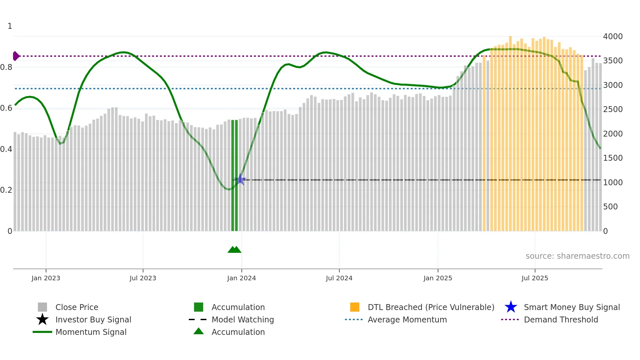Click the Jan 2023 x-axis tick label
(x=46, y=278)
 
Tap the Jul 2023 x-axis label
(x=143, y=278)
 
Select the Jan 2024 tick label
(x=241, y=278)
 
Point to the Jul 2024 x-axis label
(x=339, y=278)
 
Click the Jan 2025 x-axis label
(x=438, y=278)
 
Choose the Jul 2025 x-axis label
(x=535, y=278)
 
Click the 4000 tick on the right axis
(x=613, y=37)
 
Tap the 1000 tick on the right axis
(x=613, y=182)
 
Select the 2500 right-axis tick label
(x=613, y=109)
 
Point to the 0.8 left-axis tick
(x=6, y=67)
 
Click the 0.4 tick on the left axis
(x=6, y=149)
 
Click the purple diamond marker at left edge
(x=16, y=56)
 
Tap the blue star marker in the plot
(x=241, y=179)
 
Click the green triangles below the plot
(x=234, y=250)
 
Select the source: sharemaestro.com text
(x=577, y=256)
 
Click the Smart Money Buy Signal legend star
(x=511, y=307)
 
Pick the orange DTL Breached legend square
(x=355, y=307)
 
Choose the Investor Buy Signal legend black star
(x=42, y=319)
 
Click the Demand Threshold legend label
(x=561, y=319)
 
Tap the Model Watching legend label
(x=243, y=319)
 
